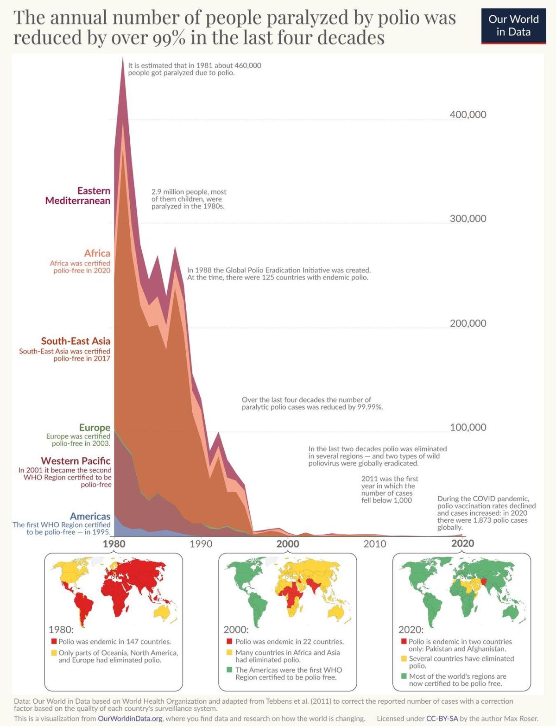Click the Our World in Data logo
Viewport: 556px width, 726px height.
pyautogui.click(x=513, y=26)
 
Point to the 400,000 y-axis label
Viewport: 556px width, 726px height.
pyautogui.click(x=468, y=114)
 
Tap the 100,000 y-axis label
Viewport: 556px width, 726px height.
pyautogui.click(x=468, y=427)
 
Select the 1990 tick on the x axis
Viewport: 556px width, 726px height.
pyautogui.click(x=201, y=543)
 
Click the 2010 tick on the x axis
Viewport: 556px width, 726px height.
pyautogui.click(x=374, y=543)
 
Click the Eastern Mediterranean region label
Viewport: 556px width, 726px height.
pyautogui.click(x=78, y=196)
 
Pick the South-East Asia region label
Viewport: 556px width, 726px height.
pyautogui.click(x=76, y=341)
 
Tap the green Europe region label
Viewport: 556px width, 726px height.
pyautogui.click(x=95, y=428)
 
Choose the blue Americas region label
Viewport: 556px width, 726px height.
pyautogui.click(x=90, y=516)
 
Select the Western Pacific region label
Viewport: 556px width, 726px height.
pyautogui.click(x=76, y=461)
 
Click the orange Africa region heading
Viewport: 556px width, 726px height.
pyautogui.click(x=97, y=253)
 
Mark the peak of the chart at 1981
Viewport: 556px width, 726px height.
pyautogui.click(x=123, y=58)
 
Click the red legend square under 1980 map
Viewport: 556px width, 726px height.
pyautogui.click(x=54, y=642)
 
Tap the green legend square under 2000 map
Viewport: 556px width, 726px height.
pyautogui.click(x=229, y=670)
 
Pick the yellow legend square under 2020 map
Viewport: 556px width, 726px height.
pyautogui.click(x=404, y=658)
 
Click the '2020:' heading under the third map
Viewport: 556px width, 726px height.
pyautogui.click(x=411, y=630)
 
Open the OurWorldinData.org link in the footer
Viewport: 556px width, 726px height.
pyautogui.click(x=130, y=719)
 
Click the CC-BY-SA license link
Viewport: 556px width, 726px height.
pyautogui.click(x=442, y=719)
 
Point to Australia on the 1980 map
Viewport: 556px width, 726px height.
pyautogui.click(x=163, y=612)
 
